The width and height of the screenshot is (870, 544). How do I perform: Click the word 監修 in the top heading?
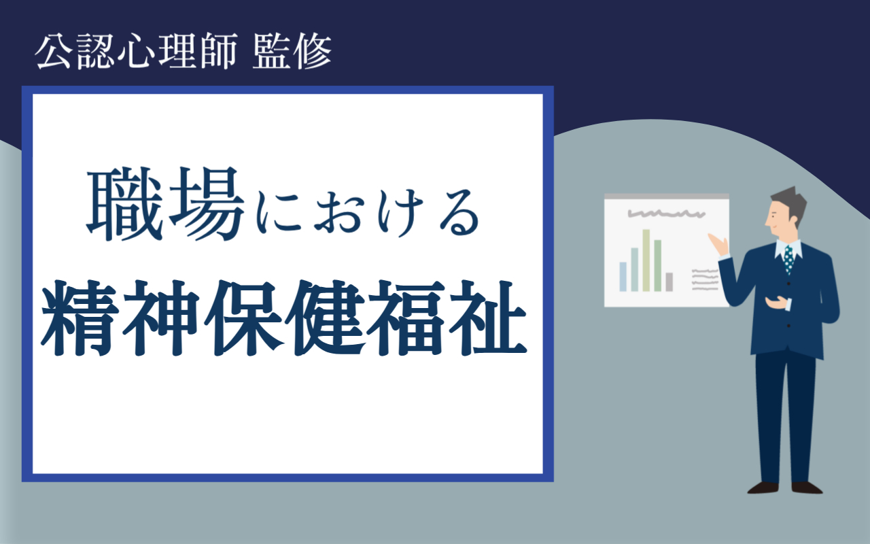tap(292, 51)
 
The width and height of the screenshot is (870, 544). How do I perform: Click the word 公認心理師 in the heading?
tap(137, 51)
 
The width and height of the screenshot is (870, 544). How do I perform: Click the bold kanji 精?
tap(80, 318)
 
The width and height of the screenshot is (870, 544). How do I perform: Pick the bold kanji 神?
tap(162, 318)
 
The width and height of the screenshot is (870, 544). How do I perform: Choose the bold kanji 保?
tap(243, 318)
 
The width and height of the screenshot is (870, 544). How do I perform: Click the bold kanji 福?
tap(406, 318)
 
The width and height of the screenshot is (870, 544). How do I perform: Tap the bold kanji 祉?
tap(488, 318)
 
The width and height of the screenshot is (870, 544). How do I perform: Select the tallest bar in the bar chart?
tap(646, 260)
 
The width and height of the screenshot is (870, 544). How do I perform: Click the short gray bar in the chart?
tap(669, 282)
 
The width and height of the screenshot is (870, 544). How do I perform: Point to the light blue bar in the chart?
tap(623, 277)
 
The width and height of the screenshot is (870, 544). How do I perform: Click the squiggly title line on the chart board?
tap(666, 214)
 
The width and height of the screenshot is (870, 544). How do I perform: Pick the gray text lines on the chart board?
tap(706, 279)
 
